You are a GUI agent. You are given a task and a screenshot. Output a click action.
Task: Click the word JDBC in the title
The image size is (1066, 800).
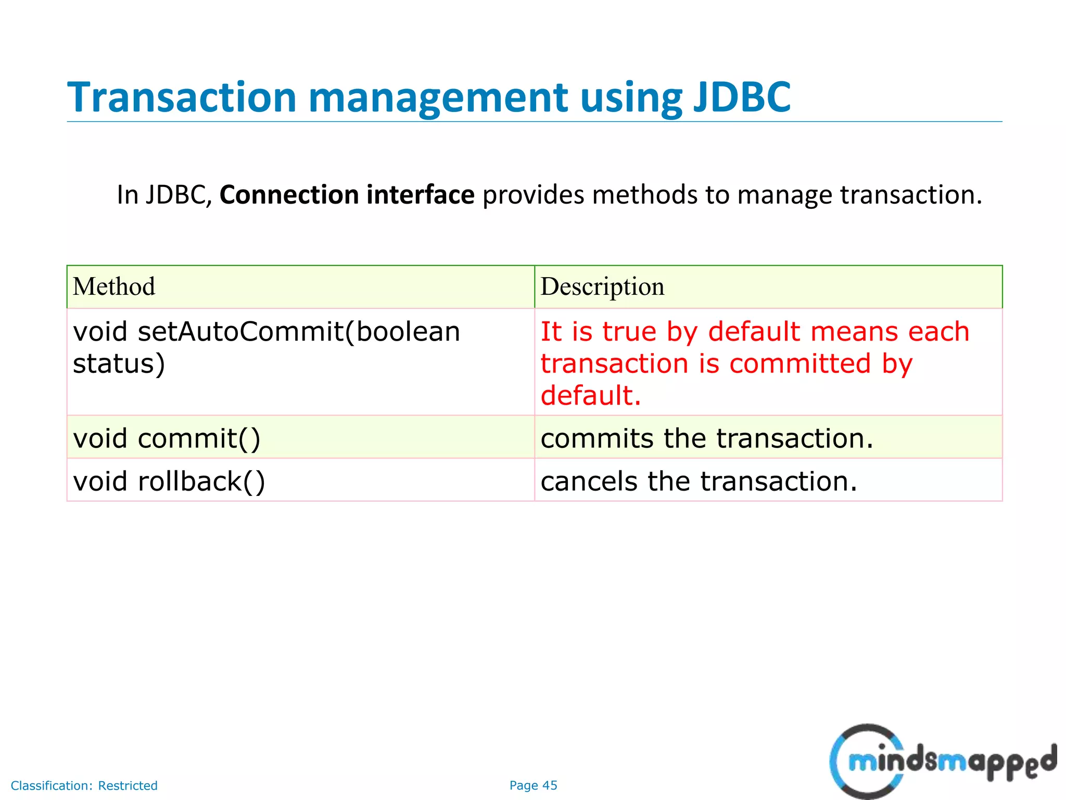(x=741, y=97)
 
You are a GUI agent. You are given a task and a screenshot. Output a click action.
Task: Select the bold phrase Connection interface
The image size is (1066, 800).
(x=347, y=195)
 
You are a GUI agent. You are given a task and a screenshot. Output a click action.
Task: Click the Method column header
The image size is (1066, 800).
(x=114, y=286)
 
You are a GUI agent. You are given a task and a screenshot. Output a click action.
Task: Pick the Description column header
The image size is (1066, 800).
(x=602, y=286)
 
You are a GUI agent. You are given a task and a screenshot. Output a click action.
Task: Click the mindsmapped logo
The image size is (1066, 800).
(x=942, y=761)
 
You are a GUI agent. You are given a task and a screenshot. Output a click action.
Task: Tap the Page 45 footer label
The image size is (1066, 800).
(x=533, y=785)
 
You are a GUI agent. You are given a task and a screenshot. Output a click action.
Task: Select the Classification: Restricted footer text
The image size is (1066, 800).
(x=84, y=785)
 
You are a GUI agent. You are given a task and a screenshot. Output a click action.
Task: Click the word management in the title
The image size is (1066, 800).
(x=438, y=97)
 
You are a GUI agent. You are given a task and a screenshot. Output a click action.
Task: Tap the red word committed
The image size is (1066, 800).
(x=799, y=363)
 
